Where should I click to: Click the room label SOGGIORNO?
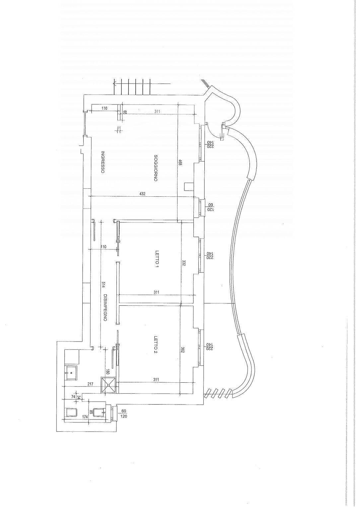[x=156, y=168]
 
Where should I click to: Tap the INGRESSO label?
[x=103, y=162]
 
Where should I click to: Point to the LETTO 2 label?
[x=157, y=346]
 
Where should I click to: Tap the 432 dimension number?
[x=142, y=194]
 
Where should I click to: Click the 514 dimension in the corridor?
[x=103, y=285]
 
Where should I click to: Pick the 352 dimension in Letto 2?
[x=183, y=350]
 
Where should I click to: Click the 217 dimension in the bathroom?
[x=91, y=384]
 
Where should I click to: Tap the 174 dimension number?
[x=85, y=417]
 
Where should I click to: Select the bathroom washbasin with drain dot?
[x=71, y=373]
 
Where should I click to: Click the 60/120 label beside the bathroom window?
[x=124, y=414]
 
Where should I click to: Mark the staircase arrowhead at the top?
[x=114, y=83]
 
